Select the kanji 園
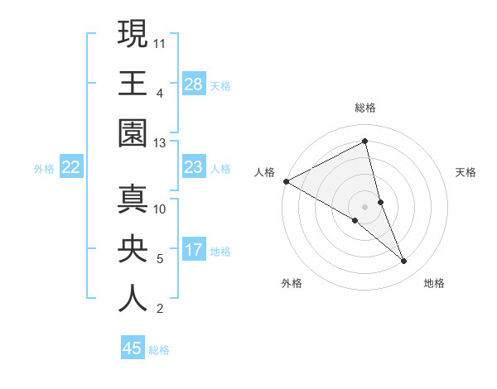pos(133,133)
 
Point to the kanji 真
pos(133,199)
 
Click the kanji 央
pos(133,249)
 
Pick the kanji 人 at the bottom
pos(133,299)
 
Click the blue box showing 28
pos(194,84)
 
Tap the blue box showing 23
pos(194,167)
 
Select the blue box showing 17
pos(194,250)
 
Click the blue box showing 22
pos(71,167)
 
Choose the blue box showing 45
pos(133,348)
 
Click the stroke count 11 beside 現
pos(161,42)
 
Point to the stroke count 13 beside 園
pos(161,143)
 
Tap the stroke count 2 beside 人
pos(159,309)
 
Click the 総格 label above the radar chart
pos(365,108)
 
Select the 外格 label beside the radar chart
pos(292,283)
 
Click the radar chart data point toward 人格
pos(286,180)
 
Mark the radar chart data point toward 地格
pos(404,262)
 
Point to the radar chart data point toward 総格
pos(365,142)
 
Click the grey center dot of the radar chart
pos(365,206)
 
